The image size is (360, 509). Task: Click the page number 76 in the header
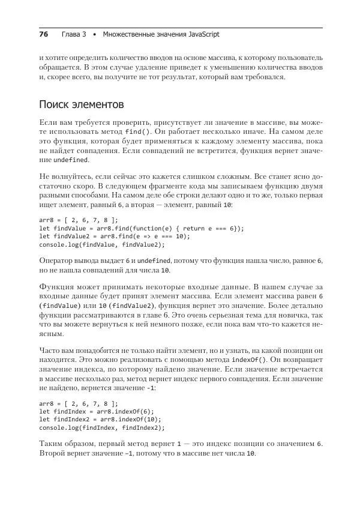(x=43, y=34)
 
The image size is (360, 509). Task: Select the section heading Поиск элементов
(x=81, y=104)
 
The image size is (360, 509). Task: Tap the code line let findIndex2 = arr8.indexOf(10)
(x=101, y=420)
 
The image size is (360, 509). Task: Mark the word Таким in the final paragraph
(x=52, y=444)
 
